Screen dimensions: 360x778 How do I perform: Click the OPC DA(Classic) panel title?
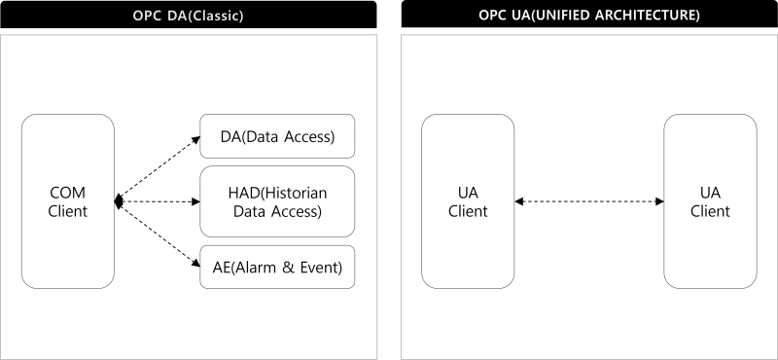pyautogui.click(x=188, y=17)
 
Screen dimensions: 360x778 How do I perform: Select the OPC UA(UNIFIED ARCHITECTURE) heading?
pyautogui.click(x=589, y=17)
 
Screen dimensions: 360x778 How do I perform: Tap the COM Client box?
pyautogui.click(x=68, y=201)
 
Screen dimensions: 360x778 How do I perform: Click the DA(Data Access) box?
pyautogui.click(x=277, y=137)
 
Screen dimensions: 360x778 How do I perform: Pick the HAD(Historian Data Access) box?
pyautogui.click(x=277, y=201)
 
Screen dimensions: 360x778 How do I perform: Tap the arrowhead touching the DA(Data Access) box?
pyautogui.click(x=194, y=141)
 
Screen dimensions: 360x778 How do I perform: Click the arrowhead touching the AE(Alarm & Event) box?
pyautogui.click(x=194, y=263)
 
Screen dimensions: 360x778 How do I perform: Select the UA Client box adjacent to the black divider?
pyautogui.click(x=468, y=201)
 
